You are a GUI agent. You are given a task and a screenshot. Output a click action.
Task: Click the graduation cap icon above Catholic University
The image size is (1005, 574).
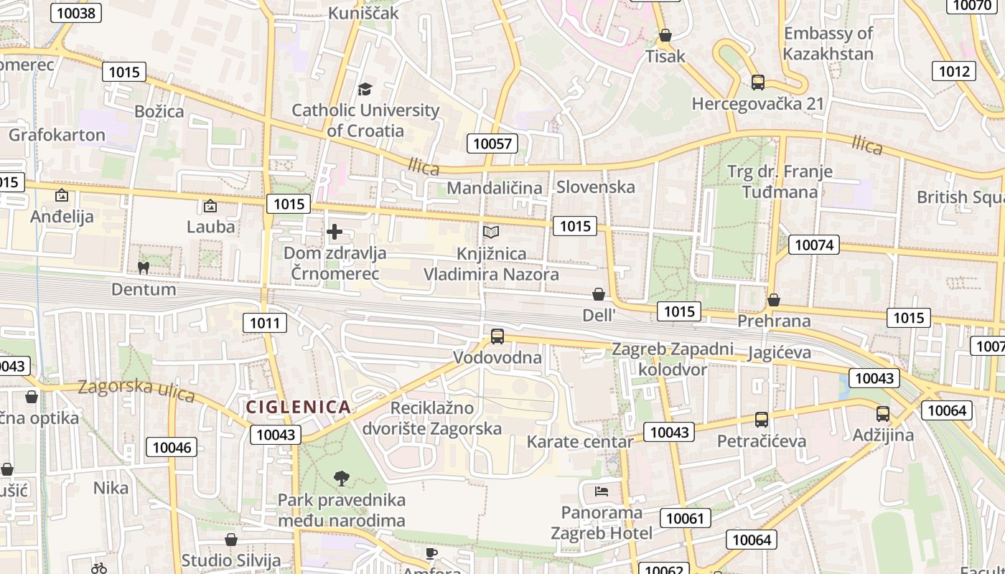(365, 89)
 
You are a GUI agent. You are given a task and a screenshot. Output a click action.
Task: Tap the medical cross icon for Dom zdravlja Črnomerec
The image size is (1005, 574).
(335, 232)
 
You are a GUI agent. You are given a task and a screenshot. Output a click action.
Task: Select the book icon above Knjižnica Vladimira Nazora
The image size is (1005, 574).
(491, 232)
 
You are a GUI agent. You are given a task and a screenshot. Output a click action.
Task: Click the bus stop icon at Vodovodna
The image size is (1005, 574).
(497, 336)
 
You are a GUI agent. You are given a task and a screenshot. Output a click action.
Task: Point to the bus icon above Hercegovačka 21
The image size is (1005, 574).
(757, 82)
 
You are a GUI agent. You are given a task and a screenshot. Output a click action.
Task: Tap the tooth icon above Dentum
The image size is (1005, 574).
(143, 268)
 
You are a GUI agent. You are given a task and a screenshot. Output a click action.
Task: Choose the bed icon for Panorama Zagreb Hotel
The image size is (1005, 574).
(602, 491)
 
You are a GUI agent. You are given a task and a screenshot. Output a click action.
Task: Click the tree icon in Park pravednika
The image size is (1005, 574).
(342, 478)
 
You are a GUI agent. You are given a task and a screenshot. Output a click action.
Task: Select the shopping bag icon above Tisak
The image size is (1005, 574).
(665, 34)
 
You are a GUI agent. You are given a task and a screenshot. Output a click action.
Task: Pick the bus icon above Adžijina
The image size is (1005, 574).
(882, 413)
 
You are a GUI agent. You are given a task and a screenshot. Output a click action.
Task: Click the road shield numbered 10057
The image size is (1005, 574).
(493, 143)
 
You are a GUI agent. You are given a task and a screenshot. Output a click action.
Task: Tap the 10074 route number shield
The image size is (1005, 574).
(814, 245)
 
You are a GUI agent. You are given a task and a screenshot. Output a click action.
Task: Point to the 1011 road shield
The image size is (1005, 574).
(265, 323)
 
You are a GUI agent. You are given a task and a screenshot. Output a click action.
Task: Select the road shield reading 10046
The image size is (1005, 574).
(172, 448)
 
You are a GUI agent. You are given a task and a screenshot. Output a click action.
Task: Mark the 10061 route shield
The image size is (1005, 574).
(687, 518)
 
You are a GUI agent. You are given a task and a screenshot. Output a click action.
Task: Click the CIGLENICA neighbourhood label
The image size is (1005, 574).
(298, 408)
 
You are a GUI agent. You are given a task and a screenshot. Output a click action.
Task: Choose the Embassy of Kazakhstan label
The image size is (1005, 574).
(828, 44)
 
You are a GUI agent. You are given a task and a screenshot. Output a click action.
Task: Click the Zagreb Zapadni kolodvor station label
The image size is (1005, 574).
(673, 359)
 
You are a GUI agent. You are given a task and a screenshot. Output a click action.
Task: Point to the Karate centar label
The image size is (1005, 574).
(580, 441)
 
